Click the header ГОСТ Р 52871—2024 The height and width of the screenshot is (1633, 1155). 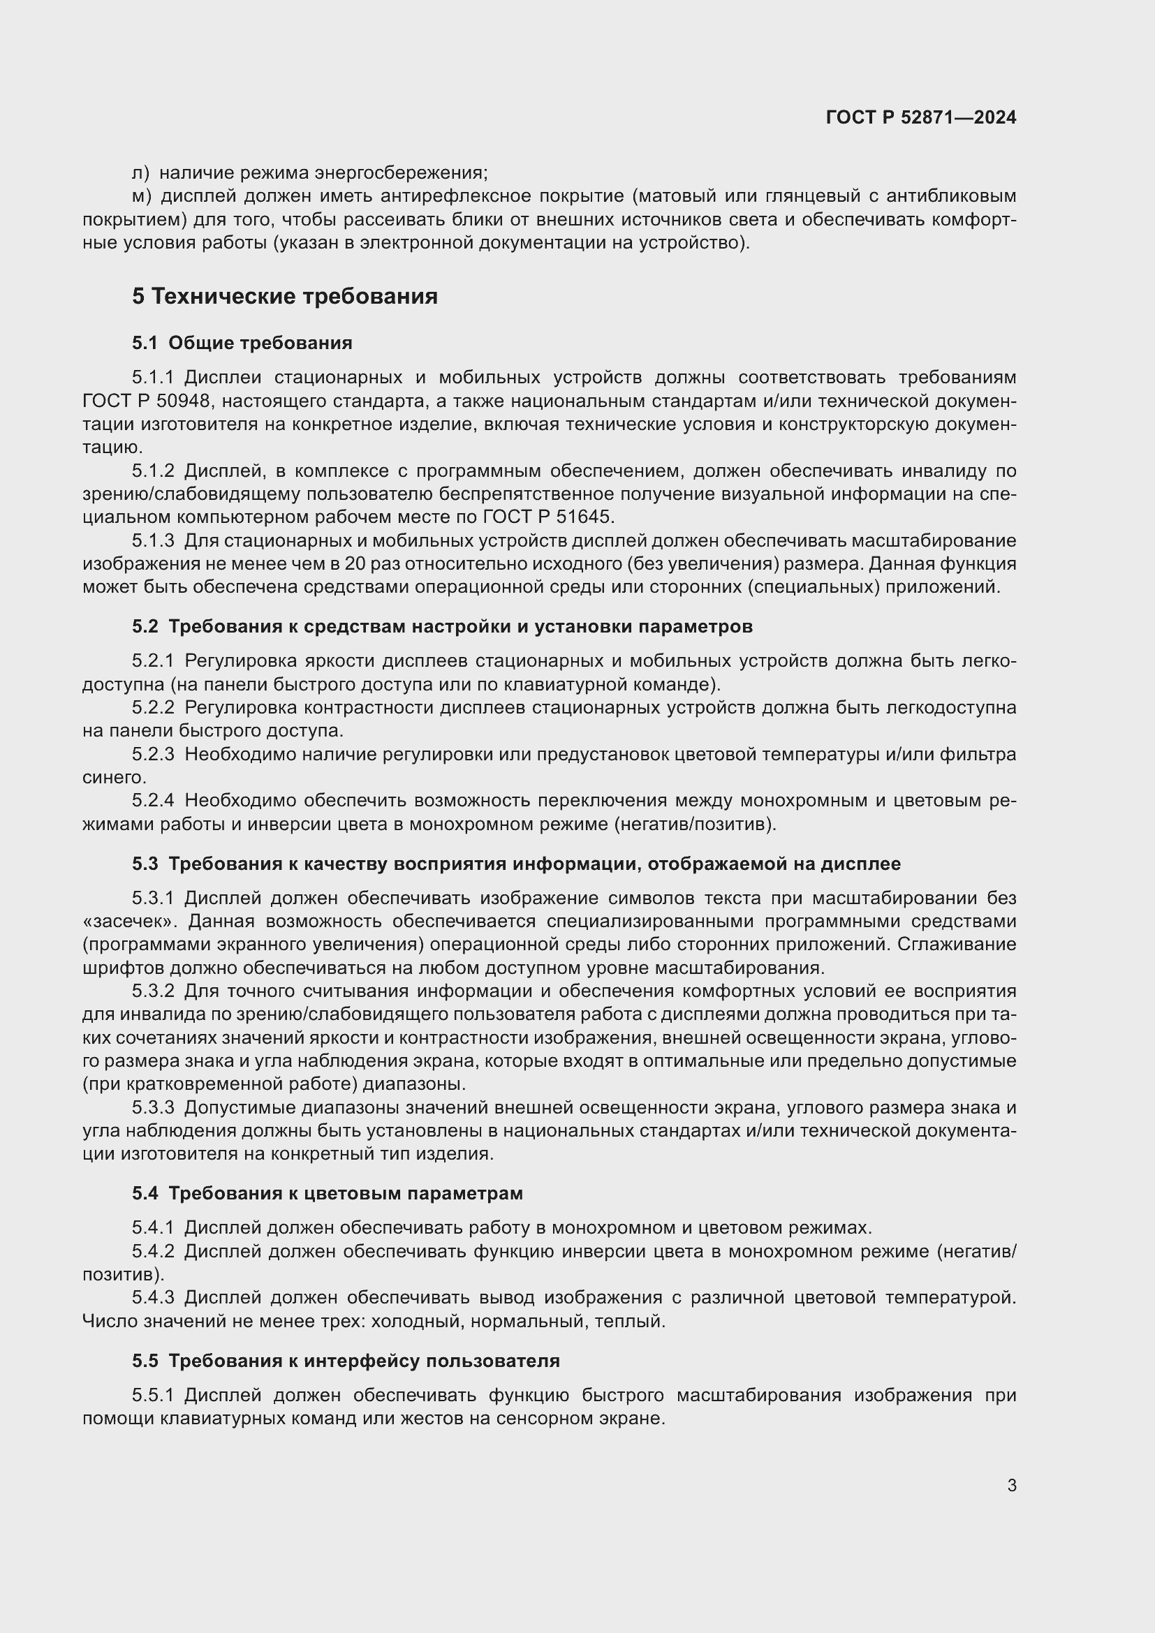pyautogui.click(x=921, y=117)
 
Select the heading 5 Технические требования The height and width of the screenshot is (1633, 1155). pyautogui.click(x=284, y=296)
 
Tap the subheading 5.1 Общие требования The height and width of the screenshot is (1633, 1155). pyautogui.click(x=242, y=343)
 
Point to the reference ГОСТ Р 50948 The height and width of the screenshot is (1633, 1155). pyautogui.click(x=147, y=401)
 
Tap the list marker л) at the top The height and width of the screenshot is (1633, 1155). pyautogui.click(x=140, y=173)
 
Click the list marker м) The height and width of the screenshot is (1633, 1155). pyautogui.click(x=142, y=195)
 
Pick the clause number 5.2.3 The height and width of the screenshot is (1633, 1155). pyautogui.click(x=153, y=754)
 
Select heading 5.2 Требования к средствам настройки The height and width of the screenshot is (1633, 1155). pyautogui.click(x=441, y=626)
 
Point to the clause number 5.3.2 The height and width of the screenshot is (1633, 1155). pyautogui.click(x=153, y=991)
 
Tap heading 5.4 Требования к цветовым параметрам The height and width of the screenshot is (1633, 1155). pyautogui.click(x=327, y=1193)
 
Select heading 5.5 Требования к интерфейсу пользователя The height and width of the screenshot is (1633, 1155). pyautogui.click(x=346, y=1361)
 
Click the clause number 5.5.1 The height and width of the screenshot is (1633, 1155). pyautogui.click(x=153, y=1395)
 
